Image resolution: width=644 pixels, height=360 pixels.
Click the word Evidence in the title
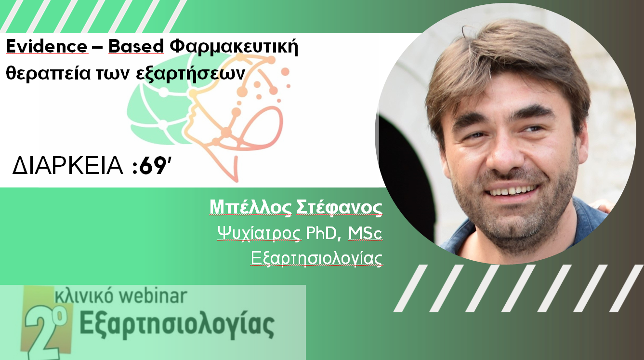tap(47, 46)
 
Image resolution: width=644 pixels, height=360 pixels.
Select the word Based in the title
tap(136, 46)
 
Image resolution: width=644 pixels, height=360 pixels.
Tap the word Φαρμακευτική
tap(234, 47)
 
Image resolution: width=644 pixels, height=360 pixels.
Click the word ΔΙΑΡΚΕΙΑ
tap(68, 166)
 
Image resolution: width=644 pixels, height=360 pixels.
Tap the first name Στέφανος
tap(339, 207)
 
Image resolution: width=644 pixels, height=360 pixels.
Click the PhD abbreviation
tap(321, 233)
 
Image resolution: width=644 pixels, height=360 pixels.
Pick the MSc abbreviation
tap(365, 233)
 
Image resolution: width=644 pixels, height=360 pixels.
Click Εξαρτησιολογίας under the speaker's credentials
tap(316, 258)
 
